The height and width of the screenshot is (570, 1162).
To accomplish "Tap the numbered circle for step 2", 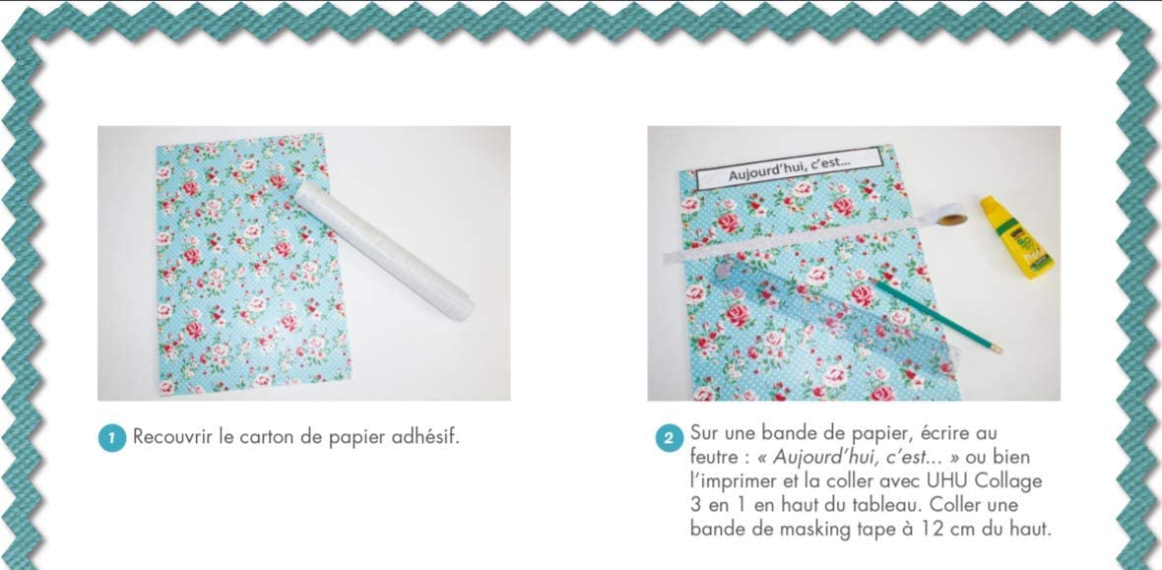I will pos(669,437).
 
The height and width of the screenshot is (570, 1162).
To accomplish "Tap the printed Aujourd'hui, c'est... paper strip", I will pos(788,175).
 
